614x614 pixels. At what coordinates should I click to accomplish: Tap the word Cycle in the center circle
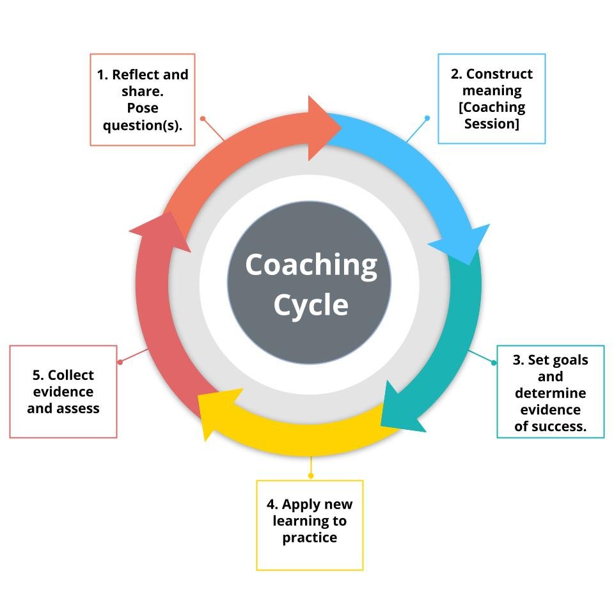[311, 304]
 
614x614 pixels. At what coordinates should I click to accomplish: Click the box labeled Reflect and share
[143, 100]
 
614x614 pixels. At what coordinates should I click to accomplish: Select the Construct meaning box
[491, 98]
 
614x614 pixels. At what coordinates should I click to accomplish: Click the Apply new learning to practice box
[310, 525]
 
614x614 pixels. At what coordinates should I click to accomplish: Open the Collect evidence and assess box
[63, 391]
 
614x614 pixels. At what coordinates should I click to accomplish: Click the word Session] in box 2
[491, 123]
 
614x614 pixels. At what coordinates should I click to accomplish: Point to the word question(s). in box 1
[143, 125]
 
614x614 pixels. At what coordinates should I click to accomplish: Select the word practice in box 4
[310, 538]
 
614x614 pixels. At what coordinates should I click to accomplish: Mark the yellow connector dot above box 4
[311, 475]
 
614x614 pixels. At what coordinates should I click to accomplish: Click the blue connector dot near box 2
[427, 118]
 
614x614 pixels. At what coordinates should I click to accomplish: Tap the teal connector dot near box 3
[494, 363]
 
